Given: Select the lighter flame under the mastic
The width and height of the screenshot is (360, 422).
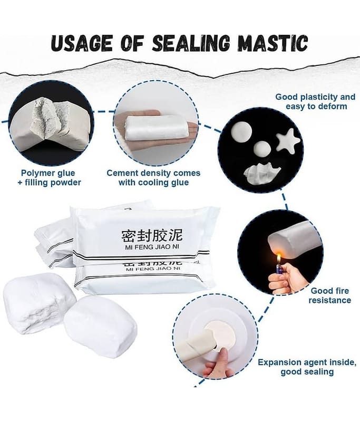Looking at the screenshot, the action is pyautogui.click(x=279, y=258).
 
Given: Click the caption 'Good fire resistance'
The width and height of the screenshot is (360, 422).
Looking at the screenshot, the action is pyautogui.click(x=329, y=295).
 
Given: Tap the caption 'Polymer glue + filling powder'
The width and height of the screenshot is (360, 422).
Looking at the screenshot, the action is pyautogui.click(x=49, y=178).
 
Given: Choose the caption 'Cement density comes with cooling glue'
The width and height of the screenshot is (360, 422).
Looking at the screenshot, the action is pyautogui.click(x=153, y=178).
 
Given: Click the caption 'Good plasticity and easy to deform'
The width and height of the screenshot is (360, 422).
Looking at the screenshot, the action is pyautogui.click(x=315, y=101).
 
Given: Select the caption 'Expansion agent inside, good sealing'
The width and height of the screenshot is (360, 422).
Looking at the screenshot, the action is pyautogui.click(x=307, y=367).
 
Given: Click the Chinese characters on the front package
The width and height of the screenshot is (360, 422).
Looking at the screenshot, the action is pyautogui.click(x=152, y=235).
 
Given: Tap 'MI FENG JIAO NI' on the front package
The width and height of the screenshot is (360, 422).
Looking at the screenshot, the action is pyautogui.click(x=152, y=247).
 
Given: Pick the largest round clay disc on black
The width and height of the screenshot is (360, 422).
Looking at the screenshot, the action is pyautogui.click(x=242, y=132).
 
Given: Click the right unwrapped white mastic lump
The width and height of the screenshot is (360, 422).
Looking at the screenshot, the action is pyautogui.click(x=101, y=327).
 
